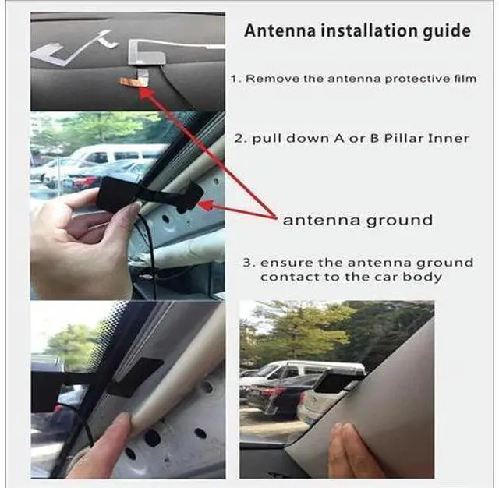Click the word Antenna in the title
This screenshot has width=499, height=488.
point(281,31)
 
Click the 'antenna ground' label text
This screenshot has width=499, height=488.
point(358,221)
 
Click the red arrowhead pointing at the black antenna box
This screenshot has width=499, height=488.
point(207,204)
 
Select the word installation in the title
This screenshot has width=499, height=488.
point(369,31)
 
